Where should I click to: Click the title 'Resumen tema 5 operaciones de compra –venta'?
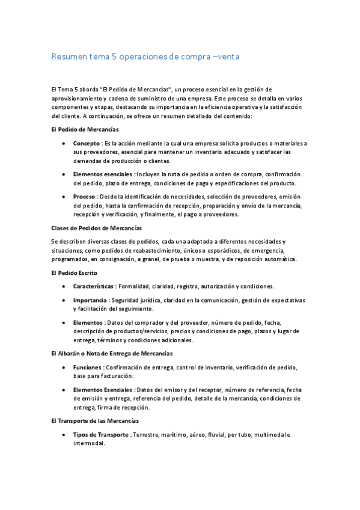[x=147, y=57]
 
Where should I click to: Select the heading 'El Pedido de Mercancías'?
[x=85, y=129]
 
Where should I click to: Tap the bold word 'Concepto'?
[x=87, y=143]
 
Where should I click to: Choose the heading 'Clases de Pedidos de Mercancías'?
[x=97, y=228]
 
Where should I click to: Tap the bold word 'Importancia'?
[x=90, y=300]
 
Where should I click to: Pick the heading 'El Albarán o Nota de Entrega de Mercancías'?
[x=112, y=353]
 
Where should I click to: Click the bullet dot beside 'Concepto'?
[x=64, y=143]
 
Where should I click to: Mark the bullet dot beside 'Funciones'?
[x=64, y=367]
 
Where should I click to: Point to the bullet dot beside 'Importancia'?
[x=64, y=300]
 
